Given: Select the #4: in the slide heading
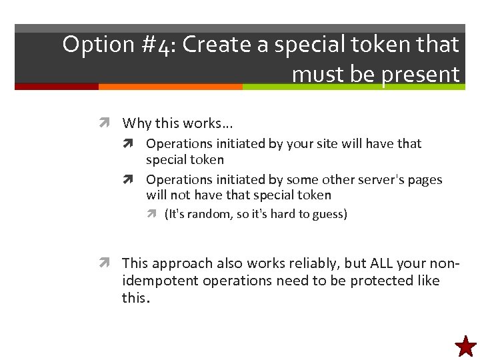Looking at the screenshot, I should [x=157, y=45].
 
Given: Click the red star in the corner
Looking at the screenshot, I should [x=465, y=347].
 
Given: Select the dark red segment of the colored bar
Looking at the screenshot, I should [x=56, y=87].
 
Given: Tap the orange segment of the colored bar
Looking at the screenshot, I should [x=170, y=87].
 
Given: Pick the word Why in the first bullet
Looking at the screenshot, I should [x=137, y=123].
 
